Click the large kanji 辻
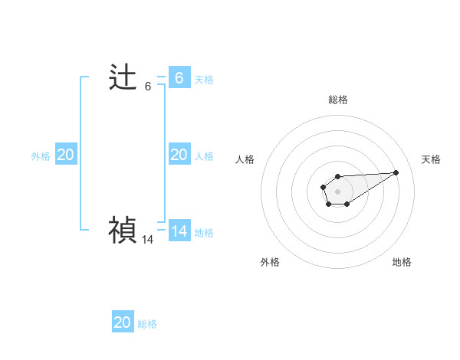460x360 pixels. pyautogui.click(x=123, y=78)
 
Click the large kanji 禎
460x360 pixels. pyautogui.click(x=123, y=230)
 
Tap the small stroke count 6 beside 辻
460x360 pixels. pyautogui.click(x=148, y=87)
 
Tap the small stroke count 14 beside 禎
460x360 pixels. pyautogui.click(x=148, y=240)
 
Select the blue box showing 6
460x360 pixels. pyautogui.click(x=179, y=77)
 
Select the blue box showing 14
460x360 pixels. pyautogui.click(x=179, y=231)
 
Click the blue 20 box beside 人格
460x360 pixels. pyautogui.click(x=179, y=155)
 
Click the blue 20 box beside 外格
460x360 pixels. pyautogui.click(x=65, y=155)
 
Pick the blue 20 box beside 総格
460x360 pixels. pyautogui.click(x=123, y=322)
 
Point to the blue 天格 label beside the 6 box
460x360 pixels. pyautogui.click(x=204, y=79)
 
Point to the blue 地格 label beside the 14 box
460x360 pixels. pyautogui.click(x=204, y=233)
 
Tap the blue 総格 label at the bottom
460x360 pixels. pyautogui.click(x=147, y=324)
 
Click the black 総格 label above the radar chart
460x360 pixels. pyautogui.click(x=338, y=100)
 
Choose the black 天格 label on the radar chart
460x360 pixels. pyautogui.click(x=431, y=159)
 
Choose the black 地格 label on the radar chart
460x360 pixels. pyautogui.click(x=402, y=262)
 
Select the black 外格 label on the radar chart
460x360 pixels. pyautogui.click(x=270, y=262)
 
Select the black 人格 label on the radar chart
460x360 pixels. pyautogui.click(x=245, y=159)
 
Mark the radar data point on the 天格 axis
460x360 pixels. pyautogui.click(x=396, y=172)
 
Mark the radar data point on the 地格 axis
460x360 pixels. pyautogui.click(x=347, y=204)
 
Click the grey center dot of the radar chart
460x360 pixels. pyautogui.click(x=337, y=190)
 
